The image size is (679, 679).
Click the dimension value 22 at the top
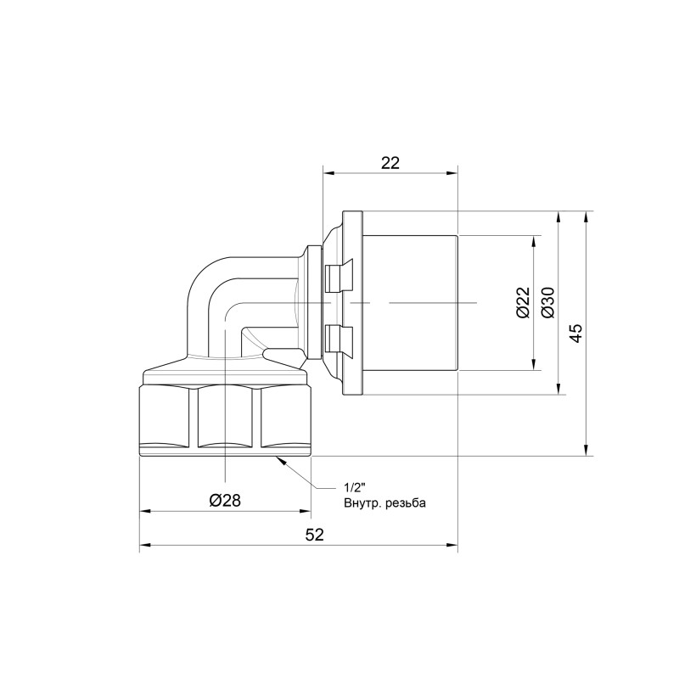click(x=390, y=164)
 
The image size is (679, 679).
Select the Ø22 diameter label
click(x=523, y=302)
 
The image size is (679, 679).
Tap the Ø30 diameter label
click(x=547, y=302)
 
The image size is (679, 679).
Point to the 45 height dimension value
click(x=575, y=333)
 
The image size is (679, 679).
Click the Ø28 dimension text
click(x=225, y=500)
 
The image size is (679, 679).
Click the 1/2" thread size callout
click(x=354, y=488)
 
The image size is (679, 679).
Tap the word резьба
click(x=407, y=503)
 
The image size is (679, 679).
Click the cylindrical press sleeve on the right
click(x=412, y=303)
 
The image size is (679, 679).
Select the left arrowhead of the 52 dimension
click(x=145, y=547)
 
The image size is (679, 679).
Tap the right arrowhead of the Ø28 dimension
click(x=305, y=512)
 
